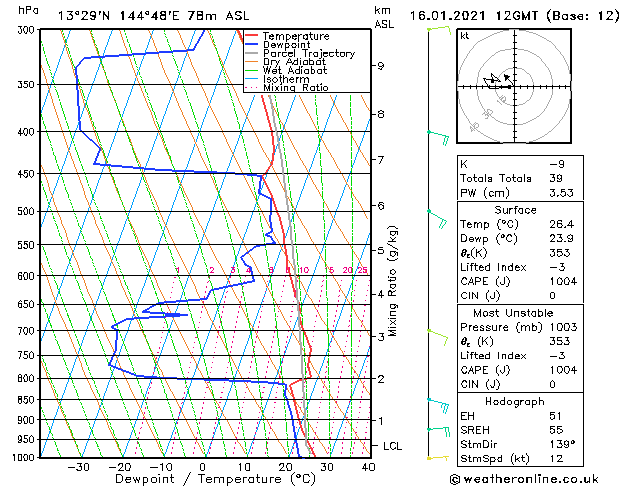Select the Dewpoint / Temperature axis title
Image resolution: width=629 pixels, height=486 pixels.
click(x=204, y=479)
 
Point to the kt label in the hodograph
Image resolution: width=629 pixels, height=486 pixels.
click(x=465, y=36)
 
